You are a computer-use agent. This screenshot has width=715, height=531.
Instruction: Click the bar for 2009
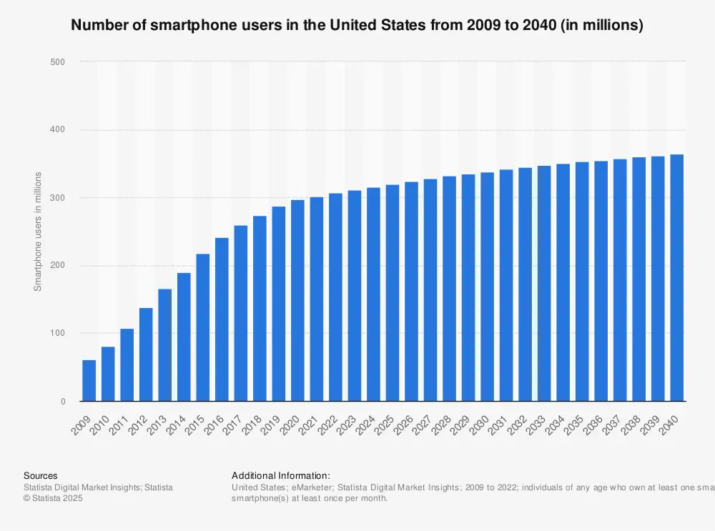coord(89,381)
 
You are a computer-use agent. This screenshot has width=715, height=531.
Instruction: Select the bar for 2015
coord(203,328)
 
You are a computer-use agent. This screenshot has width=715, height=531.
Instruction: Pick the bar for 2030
coord(487,287)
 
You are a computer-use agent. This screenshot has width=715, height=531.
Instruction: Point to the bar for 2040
coord(676,278)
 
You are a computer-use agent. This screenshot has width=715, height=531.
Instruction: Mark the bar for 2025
coord(393,293)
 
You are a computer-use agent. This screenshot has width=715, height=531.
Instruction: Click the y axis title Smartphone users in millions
coord(39,232)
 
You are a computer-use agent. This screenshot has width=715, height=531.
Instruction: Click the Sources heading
coord(41,475)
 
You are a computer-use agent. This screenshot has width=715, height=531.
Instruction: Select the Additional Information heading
coord(281,475)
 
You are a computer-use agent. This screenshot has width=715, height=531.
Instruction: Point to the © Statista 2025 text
coord(53,498)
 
